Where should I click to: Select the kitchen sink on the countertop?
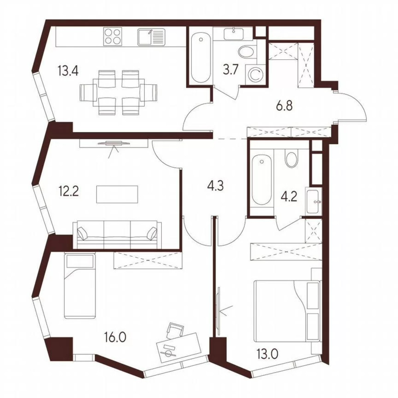point(151,36)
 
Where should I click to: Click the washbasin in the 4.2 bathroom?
point(314,201)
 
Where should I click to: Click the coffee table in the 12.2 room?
point(117,194)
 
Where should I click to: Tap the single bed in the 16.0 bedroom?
point(80,285)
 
